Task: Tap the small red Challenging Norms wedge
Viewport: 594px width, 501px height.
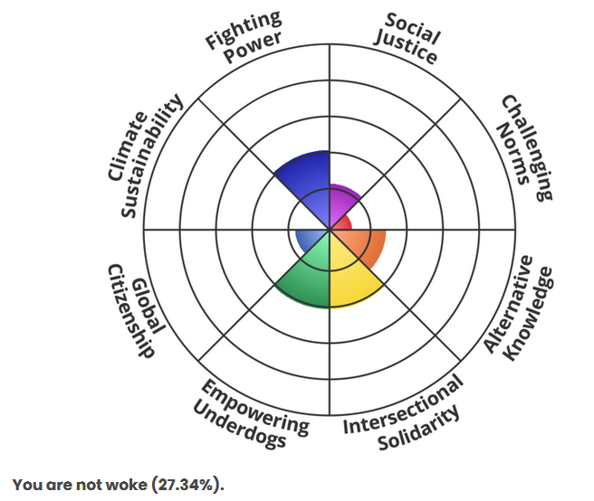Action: (342, 222)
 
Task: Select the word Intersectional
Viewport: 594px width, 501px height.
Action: (402, 402)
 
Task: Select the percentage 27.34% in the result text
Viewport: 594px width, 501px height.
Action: (187, 485)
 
